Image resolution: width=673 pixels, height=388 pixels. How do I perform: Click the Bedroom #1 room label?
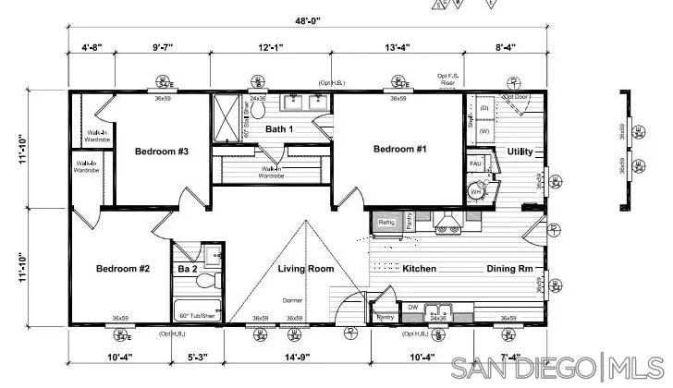[399, 149]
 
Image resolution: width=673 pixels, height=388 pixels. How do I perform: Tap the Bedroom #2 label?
[122, 269]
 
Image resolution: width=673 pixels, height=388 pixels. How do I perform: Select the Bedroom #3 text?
[162, 151]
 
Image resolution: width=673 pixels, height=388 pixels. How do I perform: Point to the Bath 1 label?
[279, 129]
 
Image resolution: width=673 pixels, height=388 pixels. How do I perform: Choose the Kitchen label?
[419, 269]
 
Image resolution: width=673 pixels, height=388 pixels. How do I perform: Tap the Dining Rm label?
[509, 269]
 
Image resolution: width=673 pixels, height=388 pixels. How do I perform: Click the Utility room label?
[520, 152]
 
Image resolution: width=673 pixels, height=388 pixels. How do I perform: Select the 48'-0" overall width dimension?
[309, 19]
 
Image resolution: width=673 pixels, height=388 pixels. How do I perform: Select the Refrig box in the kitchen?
[386, 223]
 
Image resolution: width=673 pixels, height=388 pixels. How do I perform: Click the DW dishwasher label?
[413, 307]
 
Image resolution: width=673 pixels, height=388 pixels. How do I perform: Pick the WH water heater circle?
[476, 192]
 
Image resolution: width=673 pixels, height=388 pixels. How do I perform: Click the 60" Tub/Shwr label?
[197, 316]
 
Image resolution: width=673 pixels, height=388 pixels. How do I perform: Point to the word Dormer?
[292, 301]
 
